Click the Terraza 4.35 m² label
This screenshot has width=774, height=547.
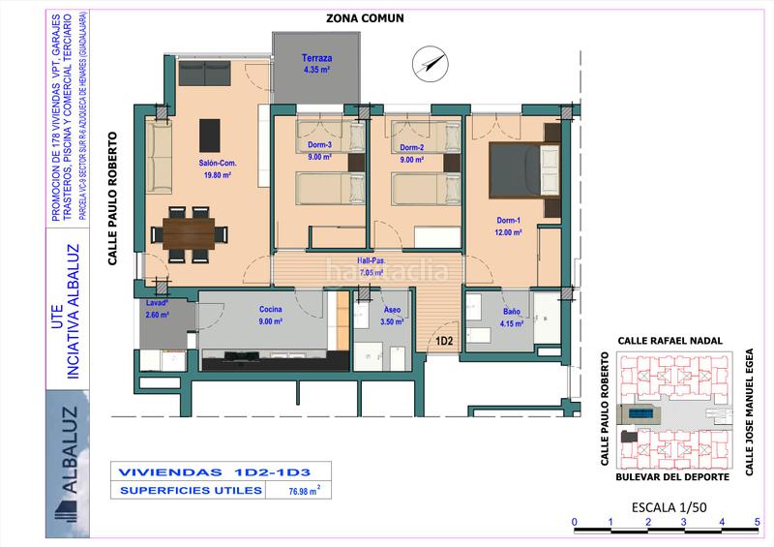[316, 64]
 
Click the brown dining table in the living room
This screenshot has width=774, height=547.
[190, 232]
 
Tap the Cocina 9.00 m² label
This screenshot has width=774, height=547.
[271, 315]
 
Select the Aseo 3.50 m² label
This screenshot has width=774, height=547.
[392, 316]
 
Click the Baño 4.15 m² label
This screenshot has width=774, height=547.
[513, 317]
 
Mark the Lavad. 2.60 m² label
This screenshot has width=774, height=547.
[157, 308]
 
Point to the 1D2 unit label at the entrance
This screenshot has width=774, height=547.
[445, 341]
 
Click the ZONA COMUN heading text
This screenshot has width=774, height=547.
[365, 17]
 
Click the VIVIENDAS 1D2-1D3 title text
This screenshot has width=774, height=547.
[213, 473]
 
